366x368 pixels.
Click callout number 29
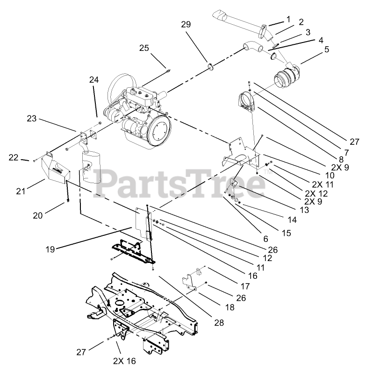pyautogui.click(x=186, y=24)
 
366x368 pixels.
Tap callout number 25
pyautogui.click(x=144, y=48)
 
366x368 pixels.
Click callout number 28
pyautogui.click(x=219, y=322)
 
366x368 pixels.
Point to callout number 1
pyautogui.click(x=288, y=19)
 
